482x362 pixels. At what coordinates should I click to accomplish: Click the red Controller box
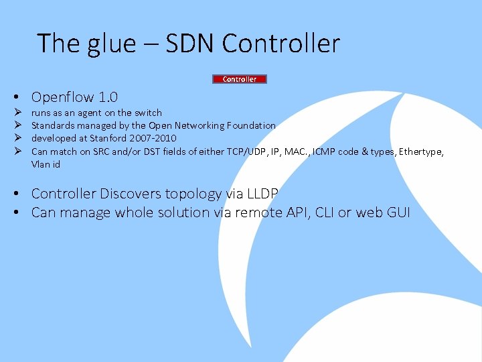(240, 79)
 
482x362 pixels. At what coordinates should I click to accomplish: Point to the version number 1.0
(108, 97)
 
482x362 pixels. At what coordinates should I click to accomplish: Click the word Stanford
(112, 138)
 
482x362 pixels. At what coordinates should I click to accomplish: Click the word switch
(148, 113)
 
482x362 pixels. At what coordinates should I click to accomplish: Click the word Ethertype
(421, 152)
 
